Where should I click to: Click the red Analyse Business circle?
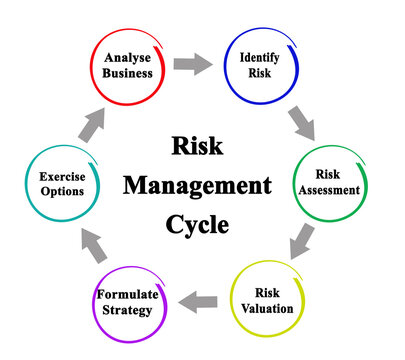(x=127, y=65)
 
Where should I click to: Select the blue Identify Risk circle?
(x=258, y=65)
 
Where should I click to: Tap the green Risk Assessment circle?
(x=328, y=182)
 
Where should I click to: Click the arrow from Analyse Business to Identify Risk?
(x=192, y=65)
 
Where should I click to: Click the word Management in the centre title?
(x=197, y=186)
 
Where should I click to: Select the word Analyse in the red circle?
(x=127, y=57)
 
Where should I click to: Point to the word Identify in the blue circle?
(x=259, y=57)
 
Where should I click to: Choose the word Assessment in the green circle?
(x=328, y=190)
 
